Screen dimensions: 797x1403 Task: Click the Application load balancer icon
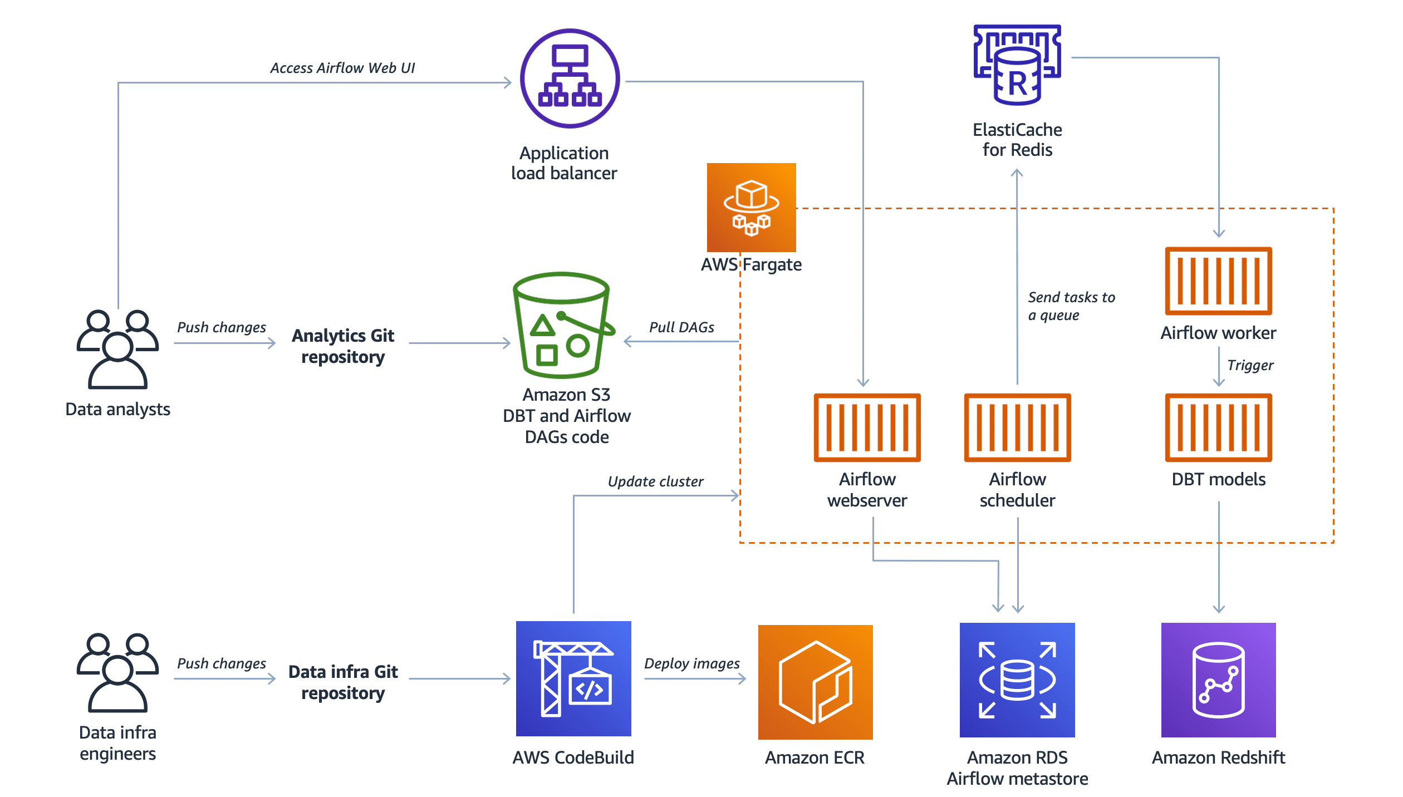pos(570,78)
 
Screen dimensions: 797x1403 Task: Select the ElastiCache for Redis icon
pos(1017,65)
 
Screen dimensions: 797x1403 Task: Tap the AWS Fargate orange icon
pos(751,207)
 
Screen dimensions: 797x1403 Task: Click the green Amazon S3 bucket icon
pos(562,325)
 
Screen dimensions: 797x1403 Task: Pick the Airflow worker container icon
pos(1218,281)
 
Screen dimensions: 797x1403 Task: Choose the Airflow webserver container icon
pos(867,427)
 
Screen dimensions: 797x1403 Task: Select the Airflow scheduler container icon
pos(1017,427)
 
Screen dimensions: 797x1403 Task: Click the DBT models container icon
pos(1218,427)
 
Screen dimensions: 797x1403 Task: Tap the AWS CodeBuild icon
pos(573,678)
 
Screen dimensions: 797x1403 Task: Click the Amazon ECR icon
pos(815,682)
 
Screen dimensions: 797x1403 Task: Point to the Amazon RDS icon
pos(1017,680)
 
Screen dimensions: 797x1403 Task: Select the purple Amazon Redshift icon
pos(1218,680)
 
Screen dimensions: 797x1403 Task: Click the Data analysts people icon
pos(117,349)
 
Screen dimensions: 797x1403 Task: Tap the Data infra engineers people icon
pos(117,672)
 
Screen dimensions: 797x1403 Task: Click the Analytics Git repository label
pos(343,346)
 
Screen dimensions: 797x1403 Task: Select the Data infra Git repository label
pos(343,682)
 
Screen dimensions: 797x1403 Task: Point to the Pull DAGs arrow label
pos(681,327)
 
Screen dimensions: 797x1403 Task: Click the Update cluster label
pos(655,481)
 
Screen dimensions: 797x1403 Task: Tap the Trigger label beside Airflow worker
pos(1250,365)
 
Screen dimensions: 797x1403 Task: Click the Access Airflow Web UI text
pos(342,68)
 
